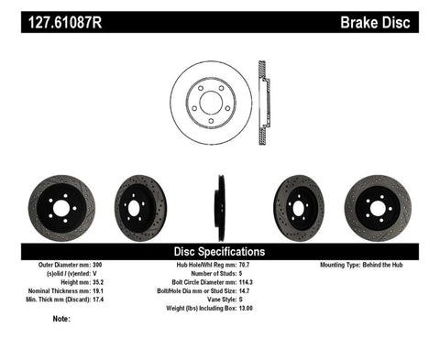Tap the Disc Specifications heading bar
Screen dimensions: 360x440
pos(219,251)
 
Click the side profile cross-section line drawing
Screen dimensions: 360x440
pos(263,96)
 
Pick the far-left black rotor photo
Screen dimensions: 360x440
pos(60,208)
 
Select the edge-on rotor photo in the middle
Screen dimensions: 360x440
pos(220,208)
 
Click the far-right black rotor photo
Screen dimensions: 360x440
pos(378,208)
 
